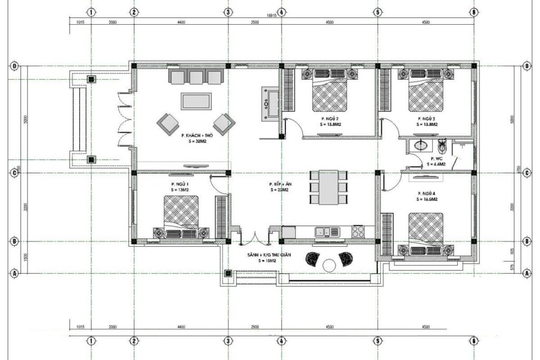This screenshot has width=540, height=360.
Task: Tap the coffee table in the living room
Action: (x=196, y=101)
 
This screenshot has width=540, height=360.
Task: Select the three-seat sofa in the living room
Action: (x=196, y=77)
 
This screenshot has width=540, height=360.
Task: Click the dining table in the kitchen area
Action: (x=329, y=187)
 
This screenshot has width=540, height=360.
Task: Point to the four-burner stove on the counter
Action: (x=358, y=231)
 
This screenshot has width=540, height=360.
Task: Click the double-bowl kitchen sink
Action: (x=324, y=231)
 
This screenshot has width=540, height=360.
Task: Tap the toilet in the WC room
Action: (x=442, y=145)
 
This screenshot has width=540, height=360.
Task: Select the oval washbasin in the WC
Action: (x=421, y=145)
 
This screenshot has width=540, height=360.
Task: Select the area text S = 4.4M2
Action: (x=436, y=164)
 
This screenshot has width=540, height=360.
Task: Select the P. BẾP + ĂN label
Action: (x=280, y=184)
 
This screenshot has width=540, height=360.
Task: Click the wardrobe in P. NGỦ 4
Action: (x=387, y=235)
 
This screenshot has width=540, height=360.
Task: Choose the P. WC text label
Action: (x=436, y=158)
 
